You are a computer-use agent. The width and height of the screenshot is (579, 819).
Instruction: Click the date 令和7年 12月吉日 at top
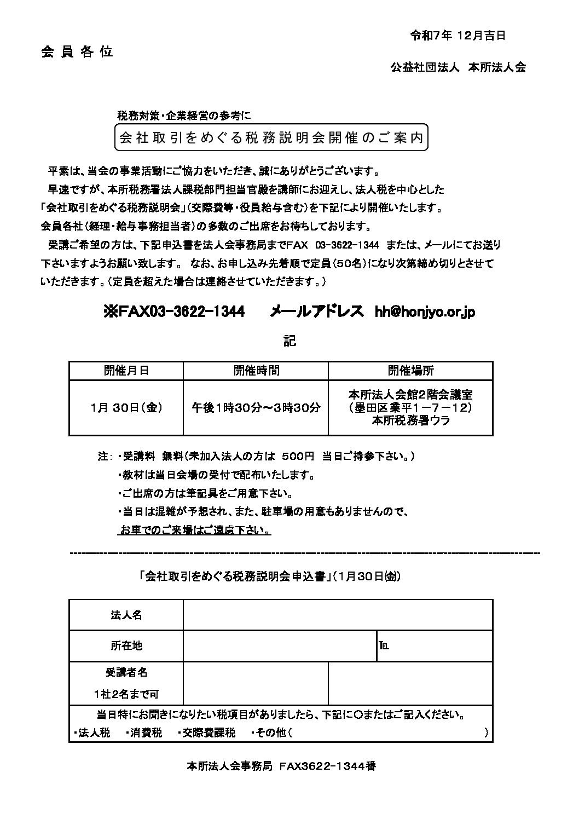(x=458, y=36)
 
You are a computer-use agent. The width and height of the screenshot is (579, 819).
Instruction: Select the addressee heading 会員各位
(x=77, y=52)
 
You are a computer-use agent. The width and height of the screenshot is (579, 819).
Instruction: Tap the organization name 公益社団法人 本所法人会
(x=458, y=67)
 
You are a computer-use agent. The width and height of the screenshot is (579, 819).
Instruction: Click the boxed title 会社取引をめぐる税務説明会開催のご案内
(x=271, y=137)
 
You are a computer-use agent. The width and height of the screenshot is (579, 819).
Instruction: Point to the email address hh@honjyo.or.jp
(x=425, y=312)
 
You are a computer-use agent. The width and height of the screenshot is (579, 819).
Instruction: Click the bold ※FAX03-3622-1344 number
(x=174, y=312)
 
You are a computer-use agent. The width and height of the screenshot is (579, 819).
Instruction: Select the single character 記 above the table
(x=289, y=341)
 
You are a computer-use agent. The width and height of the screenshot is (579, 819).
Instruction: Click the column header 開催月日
(x=126, y=371)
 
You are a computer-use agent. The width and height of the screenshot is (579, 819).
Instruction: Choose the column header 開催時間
(x=256, y=371)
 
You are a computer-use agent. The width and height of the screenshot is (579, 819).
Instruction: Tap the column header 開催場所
(x=410, y=371)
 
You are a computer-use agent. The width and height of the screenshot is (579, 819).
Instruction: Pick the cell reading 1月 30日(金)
(x=126, y=408)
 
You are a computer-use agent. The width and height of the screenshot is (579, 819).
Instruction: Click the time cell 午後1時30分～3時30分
(x=256, y=408)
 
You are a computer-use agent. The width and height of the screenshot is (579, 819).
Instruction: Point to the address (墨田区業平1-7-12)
(x=410, y=408)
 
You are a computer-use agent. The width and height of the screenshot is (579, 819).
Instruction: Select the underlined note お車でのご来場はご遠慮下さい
(x=194, y=530)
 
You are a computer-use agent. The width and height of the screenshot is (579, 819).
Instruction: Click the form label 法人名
(x=126, y=615)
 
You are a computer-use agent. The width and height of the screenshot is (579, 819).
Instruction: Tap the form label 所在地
(x=126, y=646)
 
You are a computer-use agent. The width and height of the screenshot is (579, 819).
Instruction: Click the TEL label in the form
(x=384, y=646)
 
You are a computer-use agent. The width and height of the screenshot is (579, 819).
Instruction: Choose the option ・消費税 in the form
(x=144, y=733)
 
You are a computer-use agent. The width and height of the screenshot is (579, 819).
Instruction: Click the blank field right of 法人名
(x=338, y=615)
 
